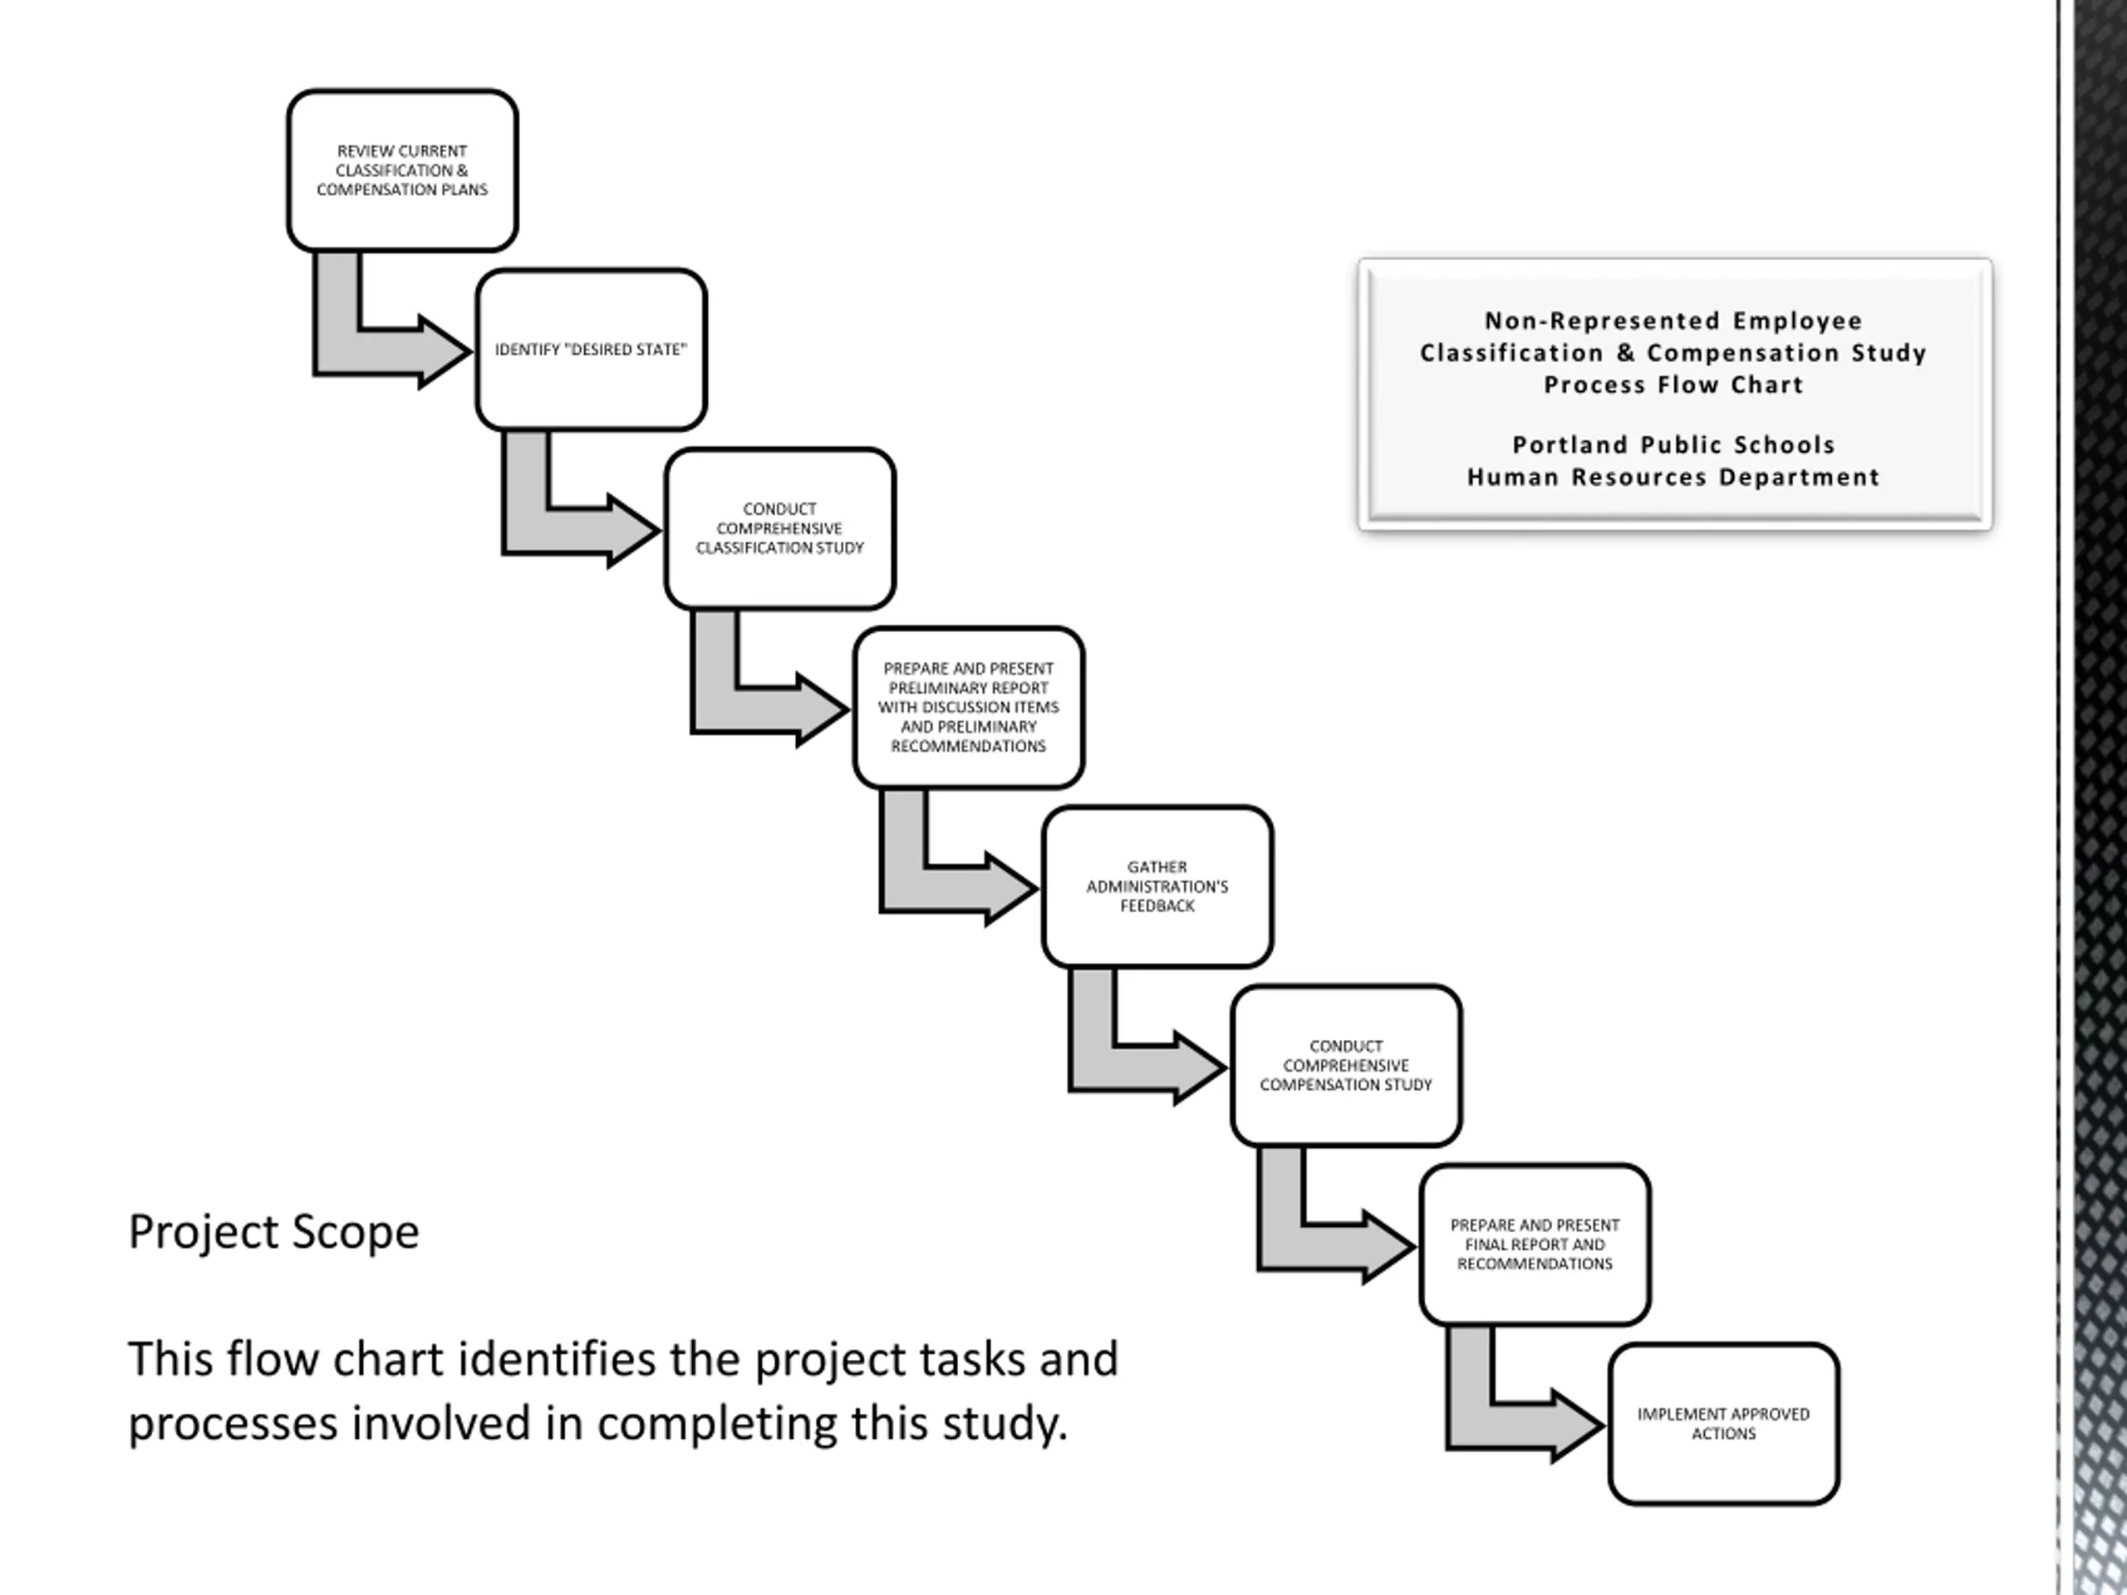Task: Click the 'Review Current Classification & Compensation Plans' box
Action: [402, 171]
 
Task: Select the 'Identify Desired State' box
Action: [591, 350]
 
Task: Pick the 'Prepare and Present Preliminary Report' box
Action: [968, 708]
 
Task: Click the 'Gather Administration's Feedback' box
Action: [1157, 886]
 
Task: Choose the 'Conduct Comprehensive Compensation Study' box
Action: [1346, 1065]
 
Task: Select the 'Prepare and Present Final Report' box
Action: [1535, 1244]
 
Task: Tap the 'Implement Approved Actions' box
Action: [1723, 1424]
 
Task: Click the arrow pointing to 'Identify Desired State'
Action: [385, 351]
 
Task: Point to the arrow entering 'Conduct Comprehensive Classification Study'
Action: [573, 530]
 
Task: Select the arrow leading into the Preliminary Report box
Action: [762, 709]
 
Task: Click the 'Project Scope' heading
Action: [274, 1232]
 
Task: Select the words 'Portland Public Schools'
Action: [1673, 445]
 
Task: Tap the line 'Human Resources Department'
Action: [1673, 477]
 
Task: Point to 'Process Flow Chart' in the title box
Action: [1673, 385]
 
